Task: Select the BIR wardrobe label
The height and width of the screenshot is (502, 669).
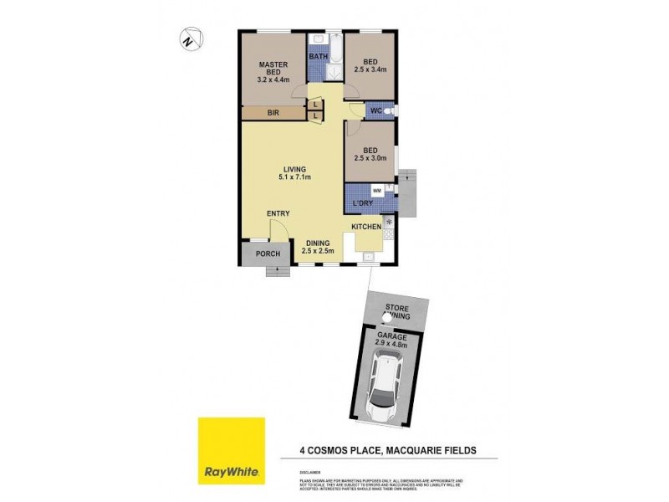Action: click(x=273, y=112)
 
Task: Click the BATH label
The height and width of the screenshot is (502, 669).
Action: click(x=319, y=57)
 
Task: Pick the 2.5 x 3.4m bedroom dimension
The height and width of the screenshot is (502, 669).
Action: click(x=370, y=69)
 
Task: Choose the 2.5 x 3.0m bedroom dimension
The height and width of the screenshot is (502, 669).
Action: click(x=370, y=157)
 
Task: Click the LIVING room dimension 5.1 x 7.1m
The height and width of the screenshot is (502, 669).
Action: click(x=295, y=177)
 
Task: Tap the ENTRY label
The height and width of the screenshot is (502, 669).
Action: click(x=278, y=214)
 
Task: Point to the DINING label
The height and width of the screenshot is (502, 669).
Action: click(x=318, y=243)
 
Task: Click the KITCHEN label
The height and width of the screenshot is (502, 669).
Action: click(x=366, y=227)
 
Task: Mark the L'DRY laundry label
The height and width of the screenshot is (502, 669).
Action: click(x=363, y=204)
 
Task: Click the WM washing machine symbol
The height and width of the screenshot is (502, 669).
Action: click(x=376, y=191)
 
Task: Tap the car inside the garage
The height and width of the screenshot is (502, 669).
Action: click(x=386, y=384)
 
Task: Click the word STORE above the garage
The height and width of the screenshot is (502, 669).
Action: click(x=396, y=309)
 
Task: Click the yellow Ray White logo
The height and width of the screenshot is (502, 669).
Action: click(x=231, y=451)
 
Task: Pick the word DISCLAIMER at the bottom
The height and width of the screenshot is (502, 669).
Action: click(x=310, y=473)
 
